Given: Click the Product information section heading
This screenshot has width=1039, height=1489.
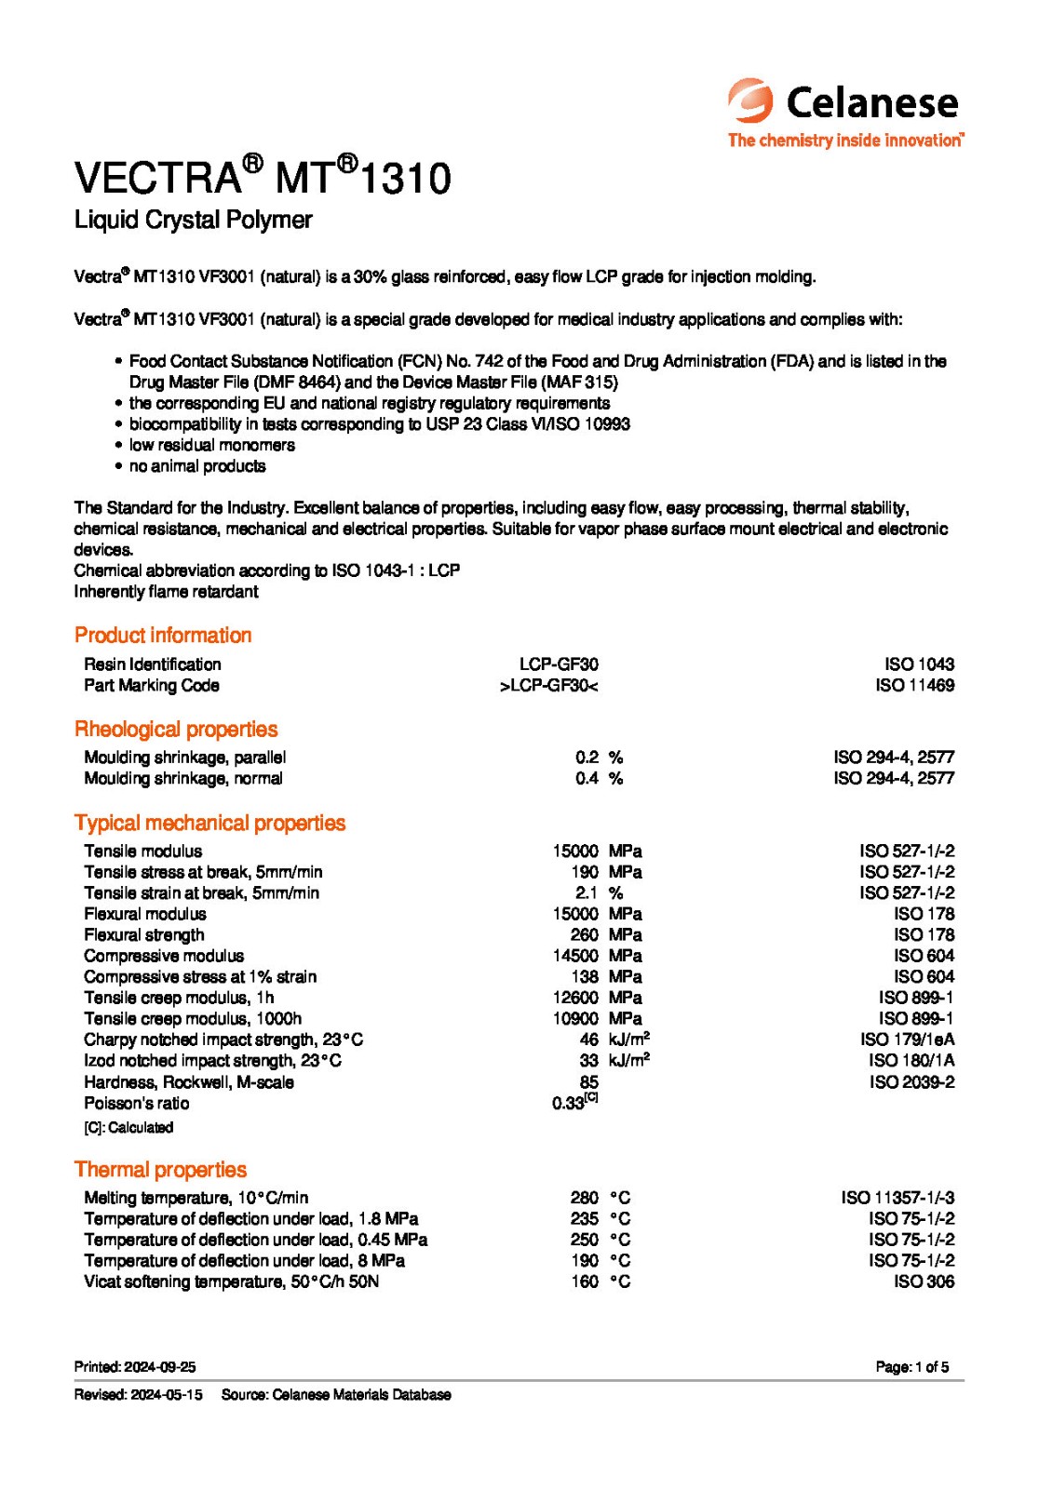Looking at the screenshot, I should point(163,635).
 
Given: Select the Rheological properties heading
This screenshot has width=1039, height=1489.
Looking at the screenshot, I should point(176,729).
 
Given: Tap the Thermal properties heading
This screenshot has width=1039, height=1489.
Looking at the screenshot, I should point(160,1169).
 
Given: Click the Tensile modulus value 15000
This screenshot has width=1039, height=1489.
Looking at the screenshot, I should point(574,851).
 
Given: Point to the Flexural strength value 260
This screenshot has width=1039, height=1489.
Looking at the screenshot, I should point(584,934).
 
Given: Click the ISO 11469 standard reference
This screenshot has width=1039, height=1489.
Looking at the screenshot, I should point(914,685).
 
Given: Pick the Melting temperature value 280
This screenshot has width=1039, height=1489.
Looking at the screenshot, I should point(584,1198).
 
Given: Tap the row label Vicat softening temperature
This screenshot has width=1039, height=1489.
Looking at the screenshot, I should point(231,1281).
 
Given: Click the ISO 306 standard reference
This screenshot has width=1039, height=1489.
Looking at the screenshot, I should point(924,1281).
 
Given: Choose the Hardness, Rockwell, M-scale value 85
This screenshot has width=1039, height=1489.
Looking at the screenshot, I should point(588,1082).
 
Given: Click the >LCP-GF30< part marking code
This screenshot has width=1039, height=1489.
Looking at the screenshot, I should point(548,685).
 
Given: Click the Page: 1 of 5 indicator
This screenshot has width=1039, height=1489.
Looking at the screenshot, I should point(911,1367).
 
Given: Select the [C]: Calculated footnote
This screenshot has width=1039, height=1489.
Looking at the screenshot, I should point(128,1127).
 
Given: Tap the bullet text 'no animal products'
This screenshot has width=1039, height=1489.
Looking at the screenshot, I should point(197,466).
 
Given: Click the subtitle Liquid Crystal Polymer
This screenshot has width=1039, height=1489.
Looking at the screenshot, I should point(193,220).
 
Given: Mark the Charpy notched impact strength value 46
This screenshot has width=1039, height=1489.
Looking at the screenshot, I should point(588,1040).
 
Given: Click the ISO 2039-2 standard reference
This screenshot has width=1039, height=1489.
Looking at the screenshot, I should point(911,1082).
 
